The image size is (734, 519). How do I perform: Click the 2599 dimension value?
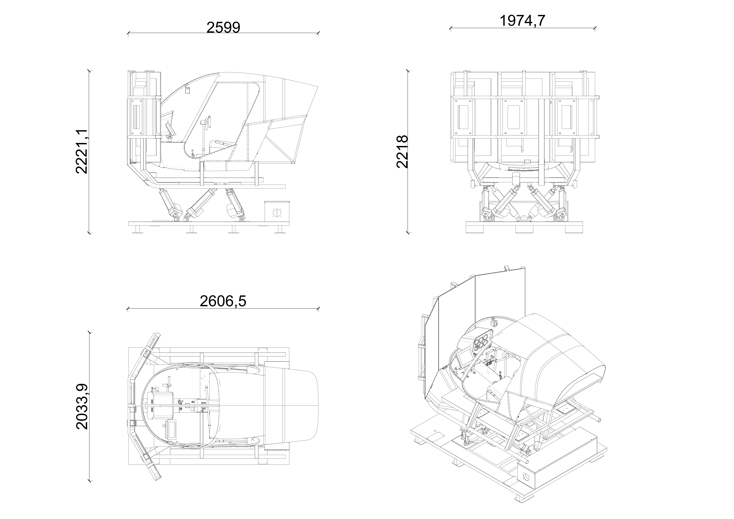223,28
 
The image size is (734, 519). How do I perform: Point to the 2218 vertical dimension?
402,151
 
